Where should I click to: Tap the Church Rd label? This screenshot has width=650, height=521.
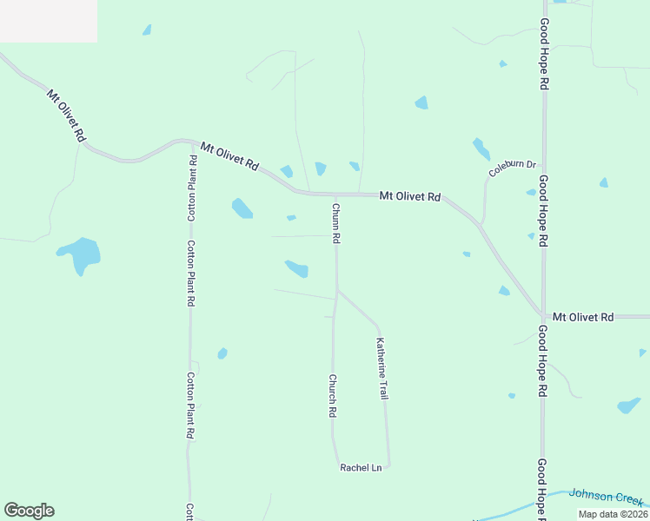pyautogui.click(x=332, y=396)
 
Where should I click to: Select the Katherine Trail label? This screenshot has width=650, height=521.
pyautogui.click(x=381, y=368)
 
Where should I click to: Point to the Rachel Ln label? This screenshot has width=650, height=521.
pyautogui.click(x=361, y=468)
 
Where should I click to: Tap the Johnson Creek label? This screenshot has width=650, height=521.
pyautogui.click(x=607, y=497)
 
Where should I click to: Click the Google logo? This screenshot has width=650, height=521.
pyautogui.click(x=29, y=511)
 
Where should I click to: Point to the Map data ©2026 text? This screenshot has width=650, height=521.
pyautogui.click(x=613, y=513)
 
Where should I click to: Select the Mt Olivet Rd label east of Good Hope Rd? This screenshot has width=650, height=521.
pyautogui.click(x=583, y=317)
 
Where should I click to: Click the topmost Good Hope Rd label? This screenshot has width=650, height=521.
pyautogui.click(x=544, y=54)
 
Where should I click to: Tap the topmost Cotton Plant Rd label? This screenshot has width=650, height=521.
pyautogui.click(x=192, y=188)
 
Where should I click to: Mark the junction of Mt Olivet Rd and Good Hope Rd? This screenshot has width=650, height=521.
pyautogui.click(x=543, y=316)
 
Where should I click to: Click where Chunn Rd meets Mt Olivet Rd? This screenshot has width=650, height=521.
pyautogui.click(x=336, y=195)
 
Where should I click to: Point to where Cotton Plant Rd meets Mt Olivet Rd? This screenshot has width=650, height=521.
pyautogui.click(x=190, y=141)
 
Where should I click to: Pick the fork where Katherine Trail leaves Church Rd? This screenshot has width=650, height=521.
pyautogui.click(x=337, y=292)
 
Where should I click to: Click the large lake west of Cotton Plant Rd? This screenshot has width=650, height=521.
pyautogui.click(x=80, y=254)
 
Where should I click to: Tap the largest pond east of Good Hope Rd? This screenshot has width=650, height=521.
pyautogui.click(x=629, y=406)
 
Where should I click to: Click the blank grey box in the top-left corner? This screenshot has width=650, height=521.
pyautogui.click(x=48, y=21)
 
